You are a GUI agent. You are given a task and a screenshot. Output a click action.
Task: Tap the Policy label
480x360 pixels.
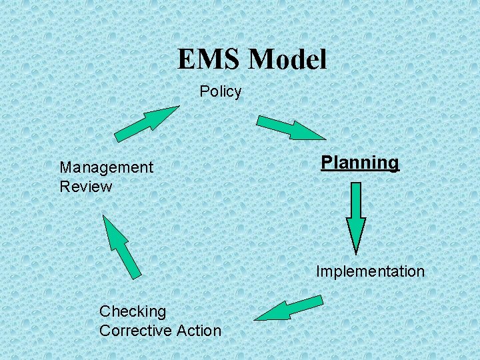[x=221, y=91]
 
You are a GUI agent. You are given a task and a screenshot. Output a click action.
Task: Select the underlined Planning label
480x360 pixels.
[x=360, y=163]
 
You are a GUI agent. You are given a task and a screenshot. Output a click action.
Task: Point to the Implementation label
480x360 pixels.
[x=370, y=271]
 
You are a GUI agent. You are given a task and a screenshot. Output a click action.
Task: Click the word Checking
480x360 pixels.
[x=133, y=311]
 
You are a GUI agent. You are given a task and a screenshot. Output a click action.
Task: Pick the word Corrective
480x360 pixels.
[x=136, y=330]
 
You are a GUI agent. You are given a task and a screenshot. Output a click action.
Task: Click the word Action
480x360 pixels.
[x=199, y=330]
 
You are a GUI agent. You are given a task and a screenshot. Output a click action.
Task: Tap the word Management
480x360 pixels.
[x=106, y=167]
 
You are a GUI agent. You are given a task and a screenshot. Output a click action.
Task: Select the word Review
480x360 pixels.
[x=86, y=187]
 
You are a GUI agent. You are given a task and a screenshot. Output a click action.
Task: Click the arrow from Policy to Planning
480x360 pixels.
[x=290, y=127]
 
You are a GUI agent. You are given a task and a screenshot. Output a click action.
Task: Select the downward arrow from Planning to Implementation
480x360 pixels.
[x=356, y=217]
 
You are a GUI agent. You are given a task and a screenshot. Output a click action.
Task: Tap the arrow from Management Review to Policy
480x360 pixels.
[x=147, y=123]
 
